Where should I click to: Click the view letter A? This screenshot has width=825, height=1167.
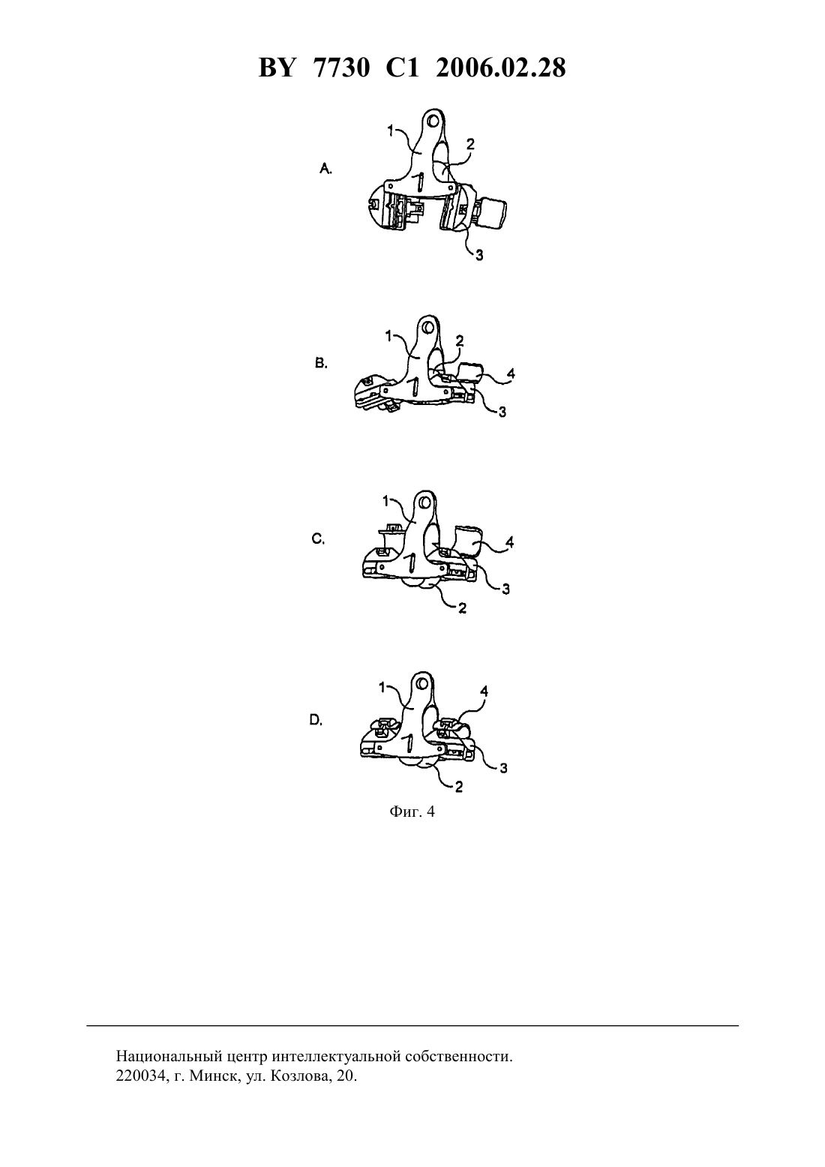point(325,168)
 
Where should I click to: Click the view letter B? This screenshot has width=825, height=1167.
point(321,363)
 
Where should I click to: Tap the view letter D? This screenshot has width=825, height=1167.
point(316,720)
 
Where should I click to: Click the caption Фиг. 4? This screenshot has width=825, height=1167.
point(412,811)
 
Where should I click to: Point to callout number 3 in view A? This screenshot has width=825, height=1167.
point(479,255)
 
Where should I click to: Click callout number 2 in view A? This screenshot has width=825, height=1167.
point(470,144)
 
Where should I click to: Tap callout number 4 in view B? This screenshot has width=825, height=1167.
point(511,373)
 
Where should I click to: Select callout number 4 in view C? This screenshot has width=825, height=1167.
point(510,542)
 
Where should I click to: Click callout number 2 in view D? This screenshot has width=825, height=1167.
point(459,786)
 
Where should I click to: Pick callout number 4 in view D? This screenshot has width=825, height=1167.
point(484,691)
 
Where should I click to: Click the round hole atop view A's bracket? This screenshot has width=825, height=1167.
point(432,122)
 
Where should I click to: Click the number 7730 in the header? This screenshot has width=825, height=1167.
point(342,68)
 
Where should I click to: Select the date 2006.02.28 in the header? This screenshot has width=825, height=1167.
point(500,68)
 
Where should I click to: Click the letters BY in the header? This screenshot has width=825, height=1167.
point(277,68)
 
